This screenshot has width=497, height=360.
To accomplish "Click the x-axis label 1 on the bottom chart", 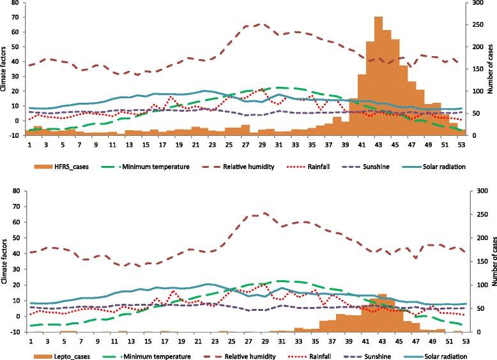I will pyautogui.click(x=29, y=341).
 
